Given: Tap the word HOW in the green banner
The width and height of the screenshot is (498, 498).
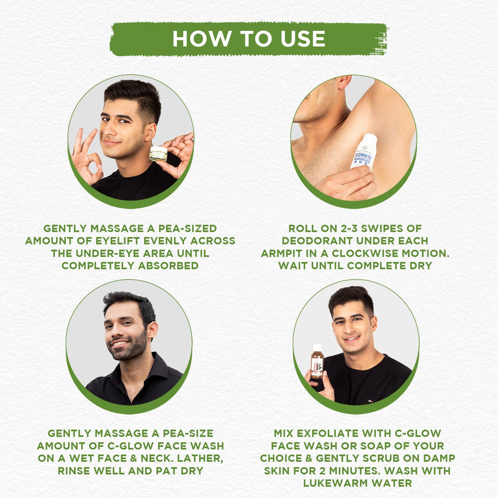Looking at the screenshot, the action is click(202, 39).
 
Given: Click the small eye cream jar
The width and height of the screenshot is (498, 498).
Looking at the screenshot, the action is click(158, 154).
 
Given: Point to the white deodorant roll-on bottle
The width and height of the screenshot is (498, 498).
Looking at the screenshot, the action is click(364, 152).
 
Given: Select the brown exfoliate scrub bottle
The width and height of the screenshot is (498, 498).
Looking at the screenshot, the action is click(317, 362).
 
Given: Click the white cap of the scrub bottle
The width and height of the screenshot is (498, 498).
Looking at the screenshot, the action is click(317, 347).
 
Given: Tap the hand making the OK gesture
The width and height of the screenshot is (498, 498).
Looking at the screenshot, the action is click(86, 156).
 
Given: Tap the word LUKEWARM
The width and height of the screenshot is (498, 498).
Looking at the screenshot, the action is click(336, 483).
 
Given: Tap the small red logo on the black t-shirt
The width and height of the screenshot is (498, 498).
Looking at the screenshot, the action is click(370, 401).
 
